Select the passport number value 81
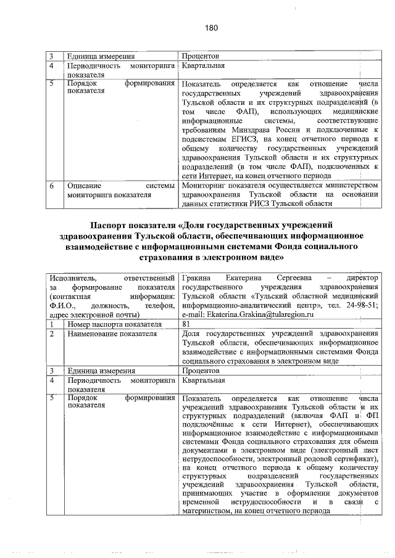(x=187, y=324)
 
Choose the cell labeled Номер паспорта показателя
(x=114, y=324)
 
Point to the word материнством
(x=209, y=511)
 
